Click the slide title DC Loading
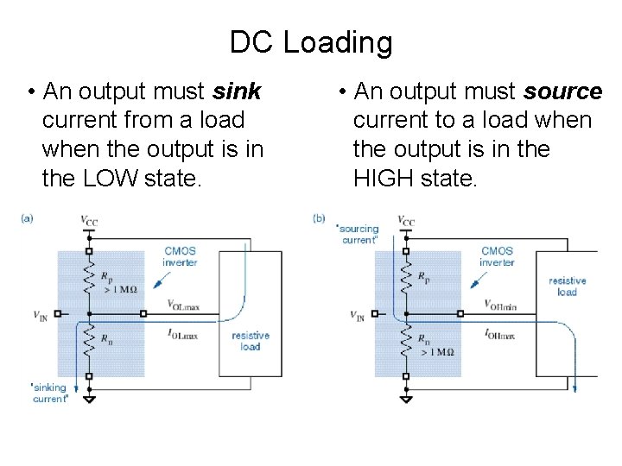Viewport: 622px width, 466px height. click(311, 41)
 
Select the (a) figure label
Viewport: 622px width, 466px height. click(27, 219)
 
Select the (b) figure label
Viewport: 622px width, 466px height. click(318, 219)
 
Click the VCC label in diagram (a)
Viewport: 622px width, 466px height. click(89, 221)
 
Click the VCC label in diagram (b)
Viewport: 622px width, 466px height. click(406, 221)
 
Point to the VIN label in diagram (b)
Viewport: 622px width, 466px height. click(357, 316)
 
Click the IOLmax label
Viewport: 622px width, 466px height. click(183, 332)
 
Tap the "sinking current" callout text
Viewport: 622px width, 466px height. click(49, 394)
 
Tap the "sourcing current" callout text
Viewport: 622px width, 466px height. click(358, 234)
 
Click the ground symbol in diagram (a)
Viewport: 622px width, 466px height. click(89, 399)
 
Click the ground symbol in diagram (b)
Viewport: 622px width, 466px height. click(405, 399)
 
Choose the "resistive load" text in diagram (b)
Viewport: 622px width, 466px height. click(567, 287)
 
